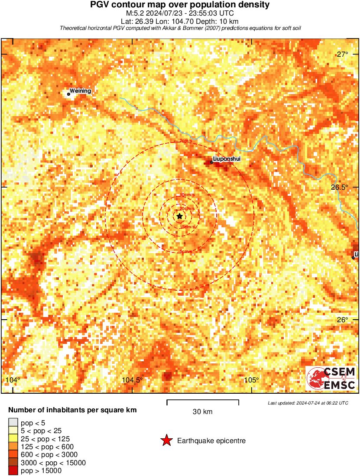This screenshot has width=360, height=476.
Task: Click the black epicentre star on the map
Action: [x=179, y=216]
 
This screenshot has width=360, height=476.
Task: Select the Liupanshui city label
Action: [x=227, y=159]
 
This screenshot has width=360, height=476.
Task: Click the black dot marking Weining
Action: [x=68, y=94]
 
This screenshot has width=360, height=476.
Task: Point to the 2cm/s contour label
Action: [x=185, y=141]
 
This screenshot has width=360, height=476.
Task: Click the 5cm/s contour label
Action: [x=186, y=252]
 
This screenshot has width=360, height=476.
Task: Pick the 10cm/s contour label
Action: [x=187, y=195]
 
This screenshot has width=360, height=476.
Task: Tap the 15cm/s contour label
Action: [x=188, y=227]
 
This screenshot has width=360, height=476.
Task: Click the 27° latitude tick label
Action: [x=343, y=54]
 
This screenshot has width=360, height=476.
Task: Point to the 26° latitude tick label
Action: [x=343, y=320]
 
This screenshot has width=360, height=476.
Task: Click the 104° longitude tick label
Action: [x=13, y=380]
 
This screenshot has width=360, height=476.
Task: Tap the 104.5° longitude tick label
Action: [x=132, y=380]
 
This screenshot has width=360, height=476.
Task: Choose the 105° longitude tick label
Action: [x=251, y=380]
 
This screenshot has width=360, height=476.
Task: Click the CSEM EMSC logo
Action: [x=331, y=378]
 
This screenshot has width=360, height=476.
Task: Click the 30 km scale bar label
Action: [x=202, y=412]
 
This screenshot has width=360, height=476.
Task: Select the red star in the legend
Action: [x=166, y=440]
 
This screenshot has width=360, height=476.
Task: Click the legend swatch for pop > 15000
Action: [x=13, y=471]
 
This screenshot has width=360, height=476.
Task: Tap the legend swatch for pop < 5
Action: [x=13, y=423]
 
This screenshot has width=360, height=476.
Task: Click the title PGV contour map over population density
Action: [x=180, y=5]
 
